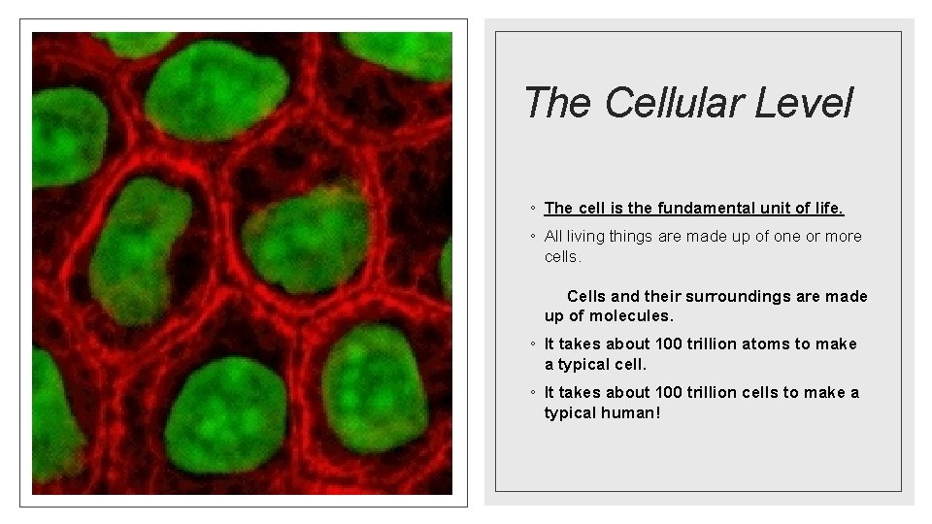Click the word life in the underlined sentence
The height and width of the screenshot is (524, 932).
(x=828, y=209)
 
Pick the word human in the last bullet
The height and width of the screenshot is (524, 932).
(x=636, y=412)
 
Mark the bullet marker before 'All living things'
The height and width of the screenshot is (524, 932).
(x=534, y=237)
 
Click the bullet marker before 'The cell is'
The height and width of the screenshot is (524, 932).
(x=534, y=210)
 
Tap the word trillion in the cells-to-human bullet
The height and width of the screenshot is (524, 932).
(x=709, y=392)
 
